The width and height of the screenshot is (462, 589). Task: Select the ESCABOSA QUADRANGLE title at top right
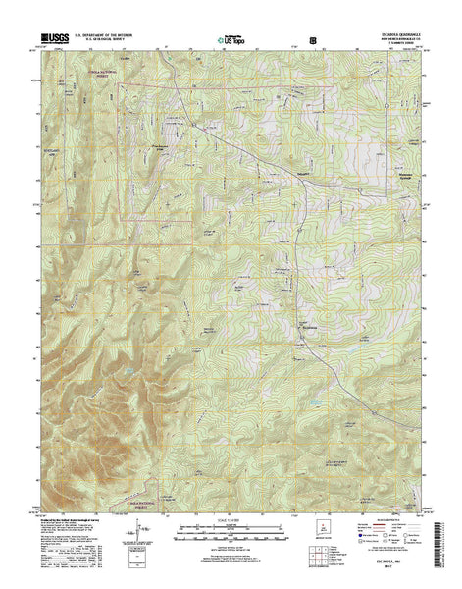(x=392, y=37)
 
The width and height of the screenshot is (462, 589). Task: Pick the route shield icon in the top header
(x=313, y=41)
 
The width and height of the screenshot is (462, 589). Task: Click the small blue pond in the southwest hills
(x=127, y=369)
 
